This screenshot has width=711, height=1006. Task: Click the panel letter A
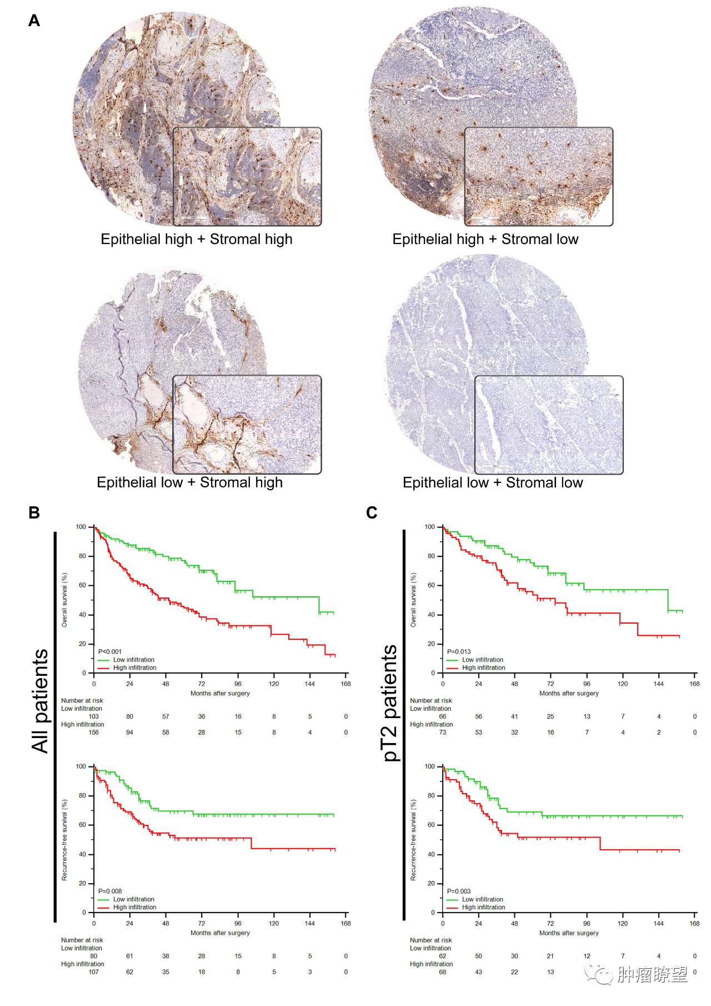click(x=34, y=21)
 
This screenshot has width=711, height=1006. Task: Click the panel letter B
click(x=34, y=512)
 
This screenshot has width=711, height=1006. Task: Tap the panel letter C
click(x=372, y=512)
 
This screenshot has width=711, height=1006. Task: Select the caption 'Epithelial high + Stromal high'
click(x=196, y=240)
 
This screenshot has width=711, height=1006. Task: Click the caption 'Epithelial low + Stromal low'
click(x=493, y=483)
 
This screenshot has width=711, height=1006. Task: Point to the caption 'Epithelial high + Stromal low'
click(x=485, y=240)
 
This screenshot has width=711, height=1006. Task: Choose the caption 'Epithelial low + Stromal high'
click(x=189, y=483)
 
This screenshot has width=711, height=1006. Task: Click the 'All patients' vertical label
click(x=40, y=701)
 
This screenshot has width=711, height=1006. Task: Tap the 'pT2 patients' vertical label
click(x=390, y=703)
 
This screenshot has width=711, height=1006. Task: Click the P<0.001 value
click(x=109, y=651)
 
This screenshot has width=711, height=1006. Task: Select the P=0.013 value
click(x=459, y=651)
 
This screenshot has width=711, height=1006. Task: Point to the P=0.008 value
click(x=109, y=891)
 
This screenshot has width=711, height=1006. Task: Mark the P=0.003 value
click(x=459, y=891)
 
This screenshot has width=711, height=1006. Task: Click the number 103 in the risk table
click(x=94, y=716)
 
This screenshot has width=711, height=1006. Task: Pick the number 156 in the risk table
click(x=94, y=733)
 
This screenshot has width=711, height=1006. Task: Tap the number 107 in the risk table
click(x=94, y=972)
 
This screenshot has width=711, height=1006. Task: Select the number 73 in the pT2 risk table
click(x=443, y=733)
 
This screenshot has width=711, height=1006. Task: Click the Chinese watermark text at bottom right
click(x=652, y=974)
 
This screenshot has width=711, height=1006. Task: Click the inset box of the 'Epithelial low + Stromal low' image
click(x=549, y=425)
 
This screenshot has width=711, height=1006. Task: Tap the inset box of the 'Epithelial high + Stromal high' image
click(x=247, y=177)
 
